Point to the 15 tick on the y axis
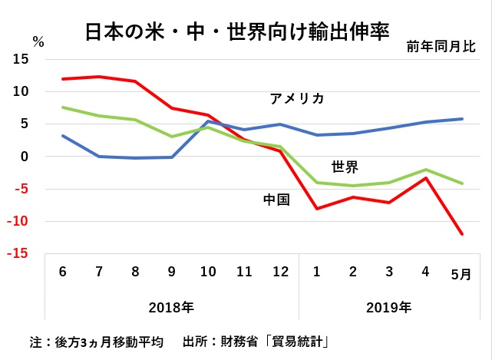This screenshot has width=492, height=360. pos(21,59)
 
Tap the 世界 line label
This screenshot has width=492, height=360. pos(345,166)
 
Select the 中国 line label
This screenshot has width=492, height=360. pos(276,200)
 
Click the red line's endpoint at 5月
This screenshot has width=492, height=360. pos(461,234)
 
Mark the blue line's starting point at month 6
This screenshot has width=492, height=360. pos(63,136)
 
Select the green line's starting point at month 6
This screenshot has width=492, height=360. pos(63,107)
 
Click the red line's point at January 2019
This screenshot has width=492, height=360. pos(317,208)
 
